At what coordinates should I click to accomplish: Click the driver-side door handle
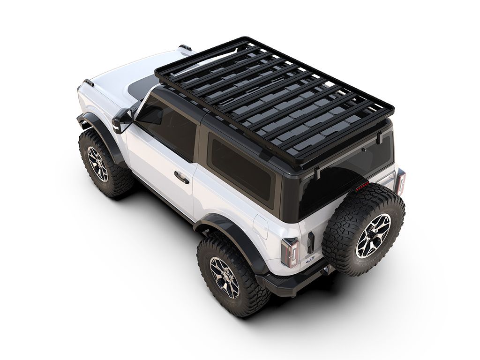pyautogui.click(x=180, y=177)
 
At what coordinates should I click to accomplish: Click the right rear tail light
pyautogui.click(x=400, y=181)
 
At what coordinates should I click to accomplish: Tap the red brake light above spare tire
pyautogui.click(x=361, y=187)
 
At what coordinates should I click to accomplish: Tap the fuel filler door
pyautogui.click(x=260, y=226)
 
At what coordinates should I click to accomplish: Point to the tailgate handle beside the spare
pyautogui.click(x=310, y=242)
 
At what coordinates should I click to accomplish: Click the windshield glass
pyautogui.click(x=141, y=87)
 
